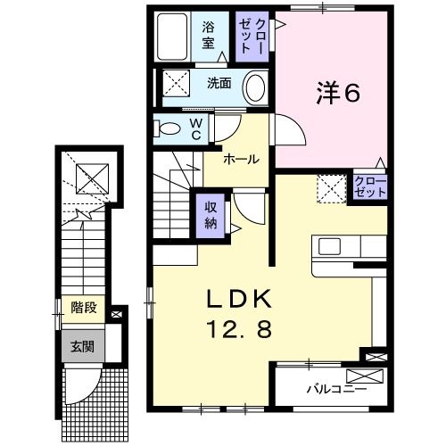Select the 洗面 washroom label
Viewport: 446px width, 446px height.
click(x=219, y=83)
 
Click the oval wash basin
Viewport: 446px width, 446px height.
click(x=254, y=87)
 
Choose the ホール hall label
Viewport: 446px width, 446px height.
click(x=242, y=159)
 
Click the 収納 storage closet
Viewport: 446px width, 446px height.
click(x=212, y=215)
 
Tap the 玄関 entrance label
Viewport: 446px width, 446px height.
click(x=82, y=345)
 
